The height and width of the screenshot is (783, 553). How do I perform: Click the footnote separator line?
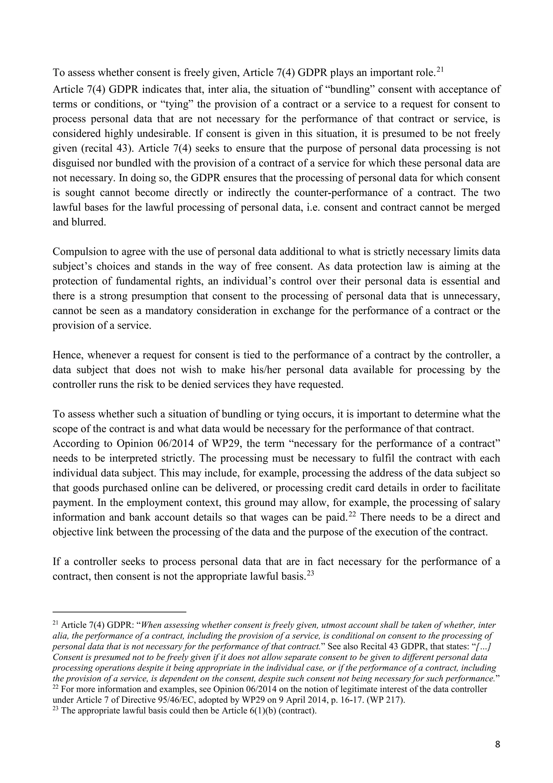pos(119,612)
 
